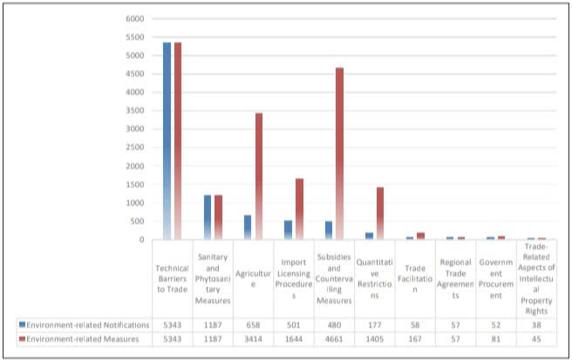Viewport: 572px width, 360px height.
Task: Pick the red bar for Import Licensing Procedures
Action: click(298, 209)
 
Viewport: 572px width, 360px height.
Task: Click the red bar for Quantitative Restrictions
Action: click(380, 214)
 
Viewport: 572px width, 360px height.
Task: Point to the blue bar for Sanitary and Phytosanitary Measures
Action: click(208, 217)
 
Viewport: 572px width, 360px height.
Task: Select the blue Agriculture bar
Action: click(248, 228)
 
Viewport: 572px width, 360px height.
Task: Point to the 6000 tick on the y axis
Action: click(133, 18)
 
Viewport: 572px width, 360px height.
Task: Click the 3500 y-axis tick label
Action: click(133, 111)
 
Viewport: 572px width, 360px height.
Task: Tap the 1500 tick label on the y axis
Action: click(133, 184)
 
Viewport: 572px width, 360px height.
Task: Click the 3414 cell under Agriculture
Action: click(253, 338)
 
